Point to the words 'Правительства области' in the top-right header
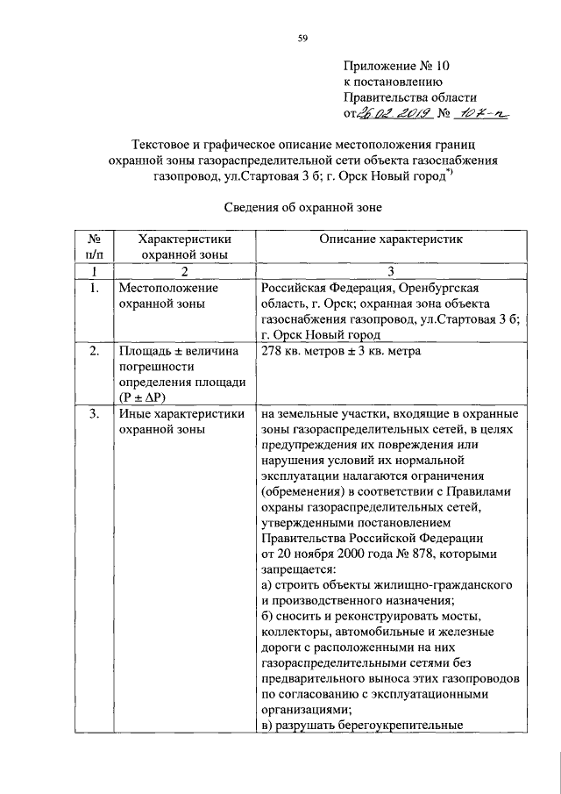pos(409,97)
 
